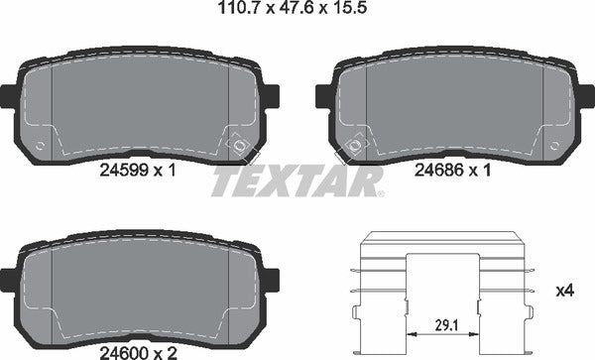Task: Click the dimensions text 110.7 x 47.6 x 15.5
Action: pos(297,12)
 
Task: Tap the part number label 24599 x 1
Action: pos(138,171)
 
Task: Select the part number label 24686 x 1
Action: pos(453,171)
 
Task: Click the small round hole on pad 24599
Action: pos(40,145)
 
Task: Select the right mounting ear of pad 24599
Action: pos(271,95)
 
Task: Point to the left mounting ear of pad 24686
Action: pos(322,95)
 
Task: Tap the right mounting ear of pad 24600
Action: pos(271,281)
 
